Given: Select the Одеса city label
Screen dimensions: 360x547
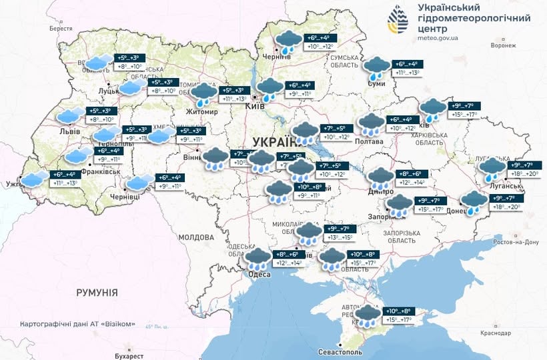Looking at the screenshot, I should pyautogui.click(x=259, y=275).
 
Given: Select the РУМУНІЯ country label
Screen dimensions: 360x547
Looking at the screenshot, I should pyautogui.click(x=97, y=293).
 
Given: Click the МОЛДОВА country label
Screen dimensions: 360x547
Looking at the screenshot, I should pyautogui.click(x=195, y=237).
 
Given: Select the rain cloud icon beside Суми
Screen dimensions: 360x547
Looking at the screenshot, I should pyautogui.click(x=377, y=68).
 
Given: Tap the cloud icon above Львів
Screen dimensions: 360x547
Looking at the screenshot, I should pyautogui.click(x=70, y=116).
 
